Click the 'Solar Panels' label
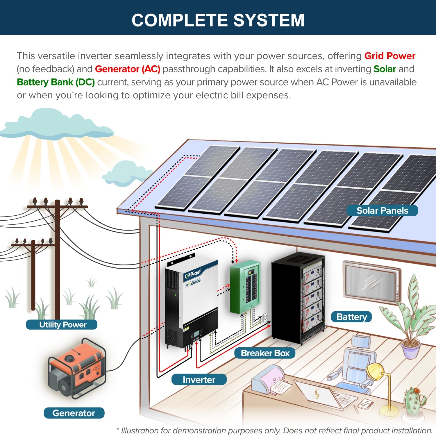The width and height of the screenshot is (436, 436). pos(382,211)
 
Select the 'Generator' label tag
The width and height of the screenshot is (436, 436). pos(74,413)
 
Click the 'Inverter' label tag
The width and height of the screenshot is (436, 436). pos(199,380)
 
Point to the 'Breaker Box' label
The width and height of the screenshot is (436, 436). pos(265,353)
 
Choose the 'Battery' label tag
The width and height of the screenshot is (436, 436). pos(351,317)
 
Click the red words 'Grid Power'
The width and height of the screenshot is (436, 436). pos(389,56)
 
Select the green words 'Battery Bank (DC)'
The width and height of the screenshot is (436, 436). pos(56,82)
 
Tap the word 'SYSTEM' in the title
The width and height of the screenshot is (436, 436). pos(269,20)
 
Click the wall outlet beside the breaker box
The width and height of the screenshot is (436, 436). pos(265,317)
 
